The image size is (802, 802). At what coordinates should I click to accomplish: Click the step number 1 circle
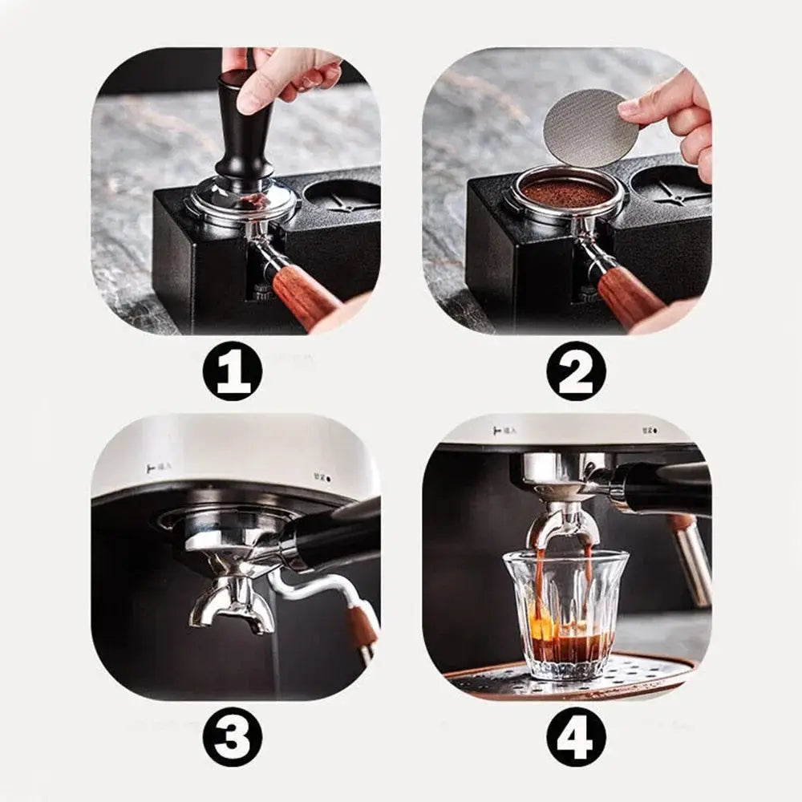233,371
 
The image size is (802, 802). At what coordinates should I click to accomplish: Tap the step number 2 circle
576,371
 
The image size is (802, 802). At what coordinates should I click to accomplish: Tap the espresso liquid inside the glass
565,646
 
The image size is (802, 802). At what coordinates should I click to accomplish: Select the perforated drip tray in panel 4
634,674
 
